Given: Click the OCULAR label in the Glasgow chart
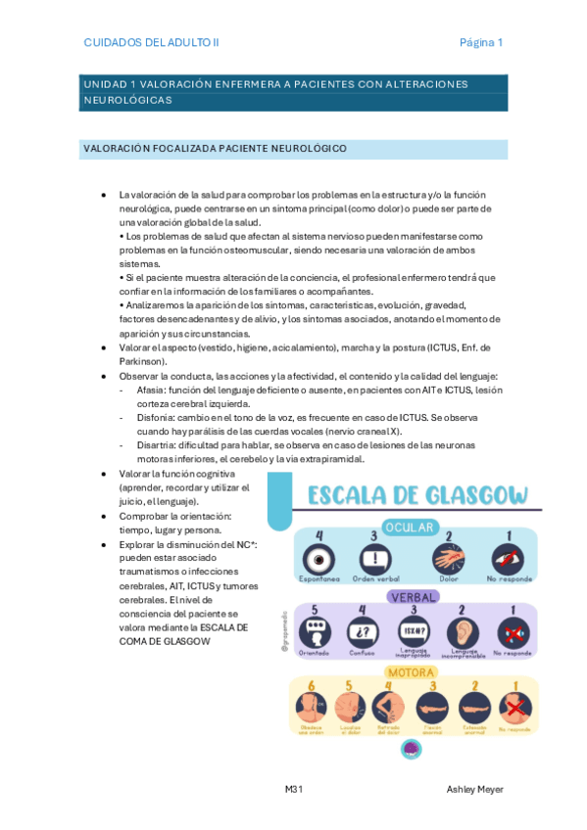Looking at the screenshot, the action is coord(410,527).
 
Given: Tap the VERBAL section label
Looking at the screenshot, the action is coord(413,596).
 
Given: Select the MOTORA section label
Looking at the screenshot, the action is coord(412,672).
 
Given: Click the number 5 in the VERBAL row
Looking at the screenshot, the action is coord(314,610).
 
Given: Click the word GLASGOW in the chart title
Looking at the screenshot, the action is coord(471,495).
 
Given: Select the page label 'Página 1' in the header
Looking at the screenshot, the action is coord(481,42).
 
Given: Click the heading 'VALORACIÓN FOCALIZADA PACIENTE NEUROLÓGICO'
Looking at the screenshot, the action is coord(216,149).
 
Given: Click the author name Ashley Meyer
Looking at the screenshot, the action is coord(475,789).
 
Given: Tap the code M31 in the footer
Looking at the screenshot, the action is coord(293,789).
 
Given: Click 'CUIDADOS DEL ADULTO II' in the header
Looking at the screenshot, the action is coord(152,42).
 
